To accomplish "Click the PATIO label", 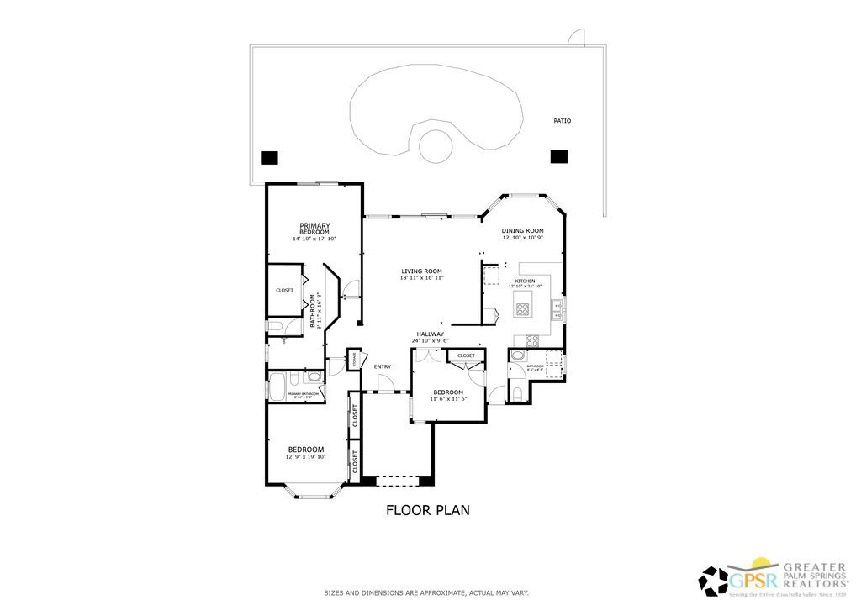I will pyautogui.click(x=562, y=121).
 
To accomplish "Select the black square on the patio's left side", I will pyautogui.click(x=269, y=157).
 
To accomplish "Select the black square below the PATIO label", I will pyautogui.click(x=558, y=156).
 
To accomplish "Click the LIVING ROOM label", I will pyautogui.click(x=421, y=271).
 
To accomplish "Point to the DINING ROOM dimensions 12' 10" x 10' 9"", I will pyautogui.click(x=523, y=238).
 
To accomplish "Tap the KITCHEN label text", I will pyautogui.click(x=525, y=281).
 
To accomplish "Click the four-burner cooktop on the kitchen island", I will pyautogui.click(x=523, y=308).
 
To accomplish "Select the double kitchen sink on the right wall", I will pyautogui.click(x=557, y=310).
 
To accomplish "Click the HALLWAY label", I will pyautogui.click(x=430, y=334).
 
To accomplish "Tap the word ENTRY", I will pyautogui.click(x=383, y=366).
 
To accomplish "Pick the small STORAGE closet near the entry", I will pyautogui.click(x=354, y=359).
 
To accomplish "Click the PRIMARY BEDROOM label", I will pyautogui.click(x=314, y=228).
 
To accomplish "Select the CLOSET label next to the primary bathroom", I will pyautogui.click(x=284, y=290).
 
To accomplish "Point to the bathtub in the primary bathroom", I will pyautogui.click(x=277, y=387).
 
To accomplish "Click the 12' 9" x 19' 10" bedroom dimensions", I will pyautogui.click(x=306, y=456).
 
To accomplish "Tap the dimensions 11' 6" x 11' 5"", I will pyautogui.click(x=448, y=399).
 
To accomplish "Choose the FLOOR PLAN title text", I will pyautogui.click(x=427, y=509).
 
